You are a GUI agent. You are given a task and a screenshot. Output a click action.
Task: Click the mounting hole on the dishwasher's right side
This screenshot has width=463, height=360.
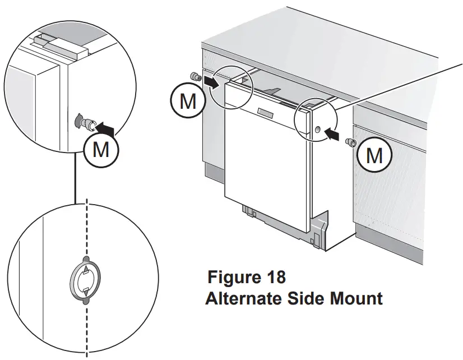[x=318, y=130]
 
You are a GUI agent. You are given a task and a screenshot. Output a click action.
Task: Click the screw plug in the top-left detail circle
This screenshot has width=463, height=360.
[x=82, y=121]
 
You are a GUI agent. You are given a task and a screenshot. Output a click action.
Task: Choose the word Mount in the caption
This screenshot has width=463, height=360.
[x=353, y=298]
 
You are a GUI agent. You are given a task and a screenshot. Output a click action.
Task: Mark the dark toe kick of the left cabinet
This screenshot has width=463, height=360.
[x=214, y=171]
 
